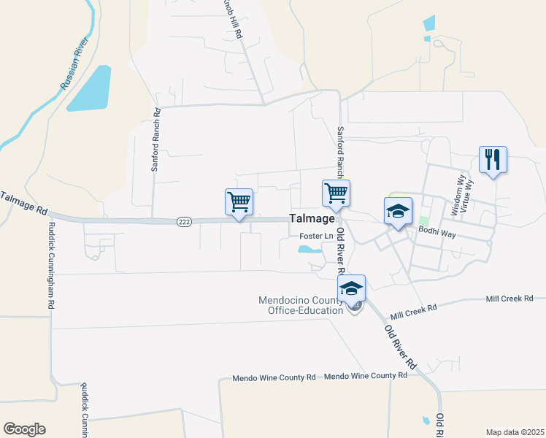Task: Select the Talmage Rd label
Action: (x=23, y=203)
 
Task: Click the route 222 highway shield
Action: (x=184, y=222)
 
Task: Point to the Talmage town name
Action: (x=312, y=218)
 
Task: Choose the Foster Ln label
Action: (x=316, y=237)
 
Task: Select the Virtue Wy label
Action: (x=469, y=196)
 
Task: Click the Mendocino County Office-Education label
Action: (x=301, y=305)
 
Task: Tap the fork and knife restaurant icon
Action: (x=493, y=159)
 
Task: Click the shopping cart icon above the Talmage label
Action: (x=336, y=193)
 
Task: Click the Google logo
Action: (x=24, y=429)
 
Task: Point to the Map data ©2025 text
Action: (x=514, y=432)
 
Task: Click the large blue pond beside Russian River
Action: (x=91, y=90)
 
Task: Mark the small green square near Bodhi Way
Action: (x=423, y=220)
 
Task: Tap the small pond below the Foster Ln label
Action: (x=308, y=249)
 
